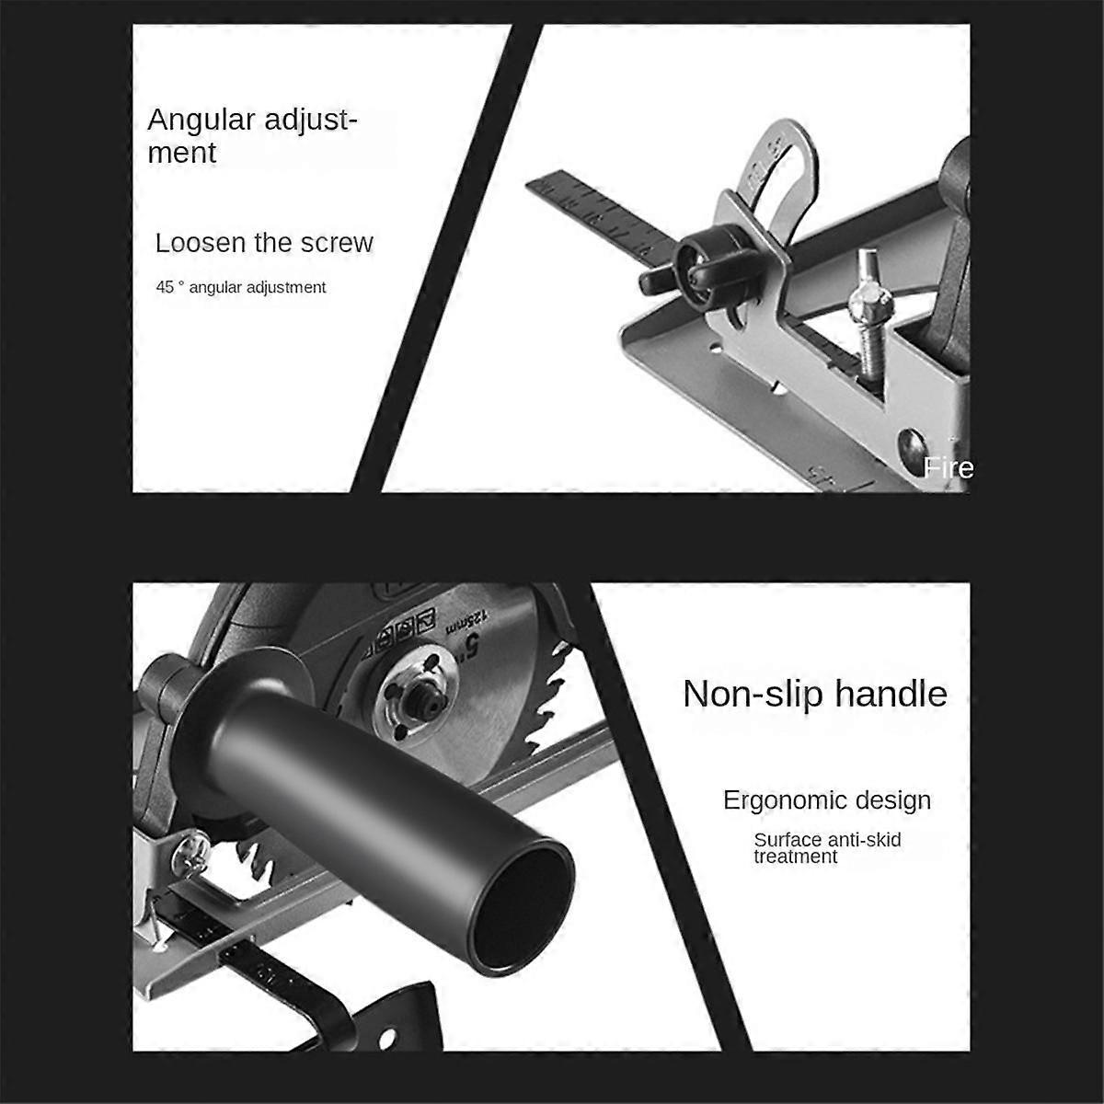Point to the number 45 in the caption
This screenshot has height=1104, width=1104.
[165, 287]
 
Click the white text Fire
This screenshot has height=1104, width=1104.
[949, 468]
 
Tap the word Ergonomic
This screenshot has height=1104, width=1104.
[784, 799]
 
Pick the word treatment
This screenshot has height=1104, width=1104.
[796, 857]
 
